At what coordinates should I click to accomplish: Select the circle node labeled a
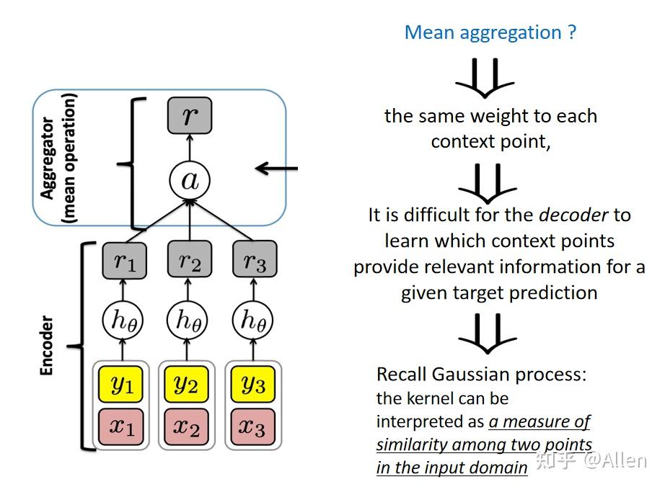coord(189,180)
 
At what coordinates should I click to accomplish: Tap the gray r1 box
coord(124,260)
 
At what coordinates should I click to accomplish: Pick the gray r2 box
coord(189,260)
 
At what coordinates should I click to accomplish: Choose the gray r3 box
coord(254,260)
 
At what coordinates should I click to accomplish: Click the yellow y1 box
coord(123,384)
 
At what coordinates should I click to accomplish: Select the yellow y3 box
coord(252,384)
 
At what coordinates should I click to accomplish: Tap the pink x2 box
coord(188,426)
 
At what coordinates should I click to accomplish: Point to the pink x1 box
coord(123,426)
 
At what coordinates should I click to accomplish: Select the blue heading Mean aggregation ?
coord(490,32)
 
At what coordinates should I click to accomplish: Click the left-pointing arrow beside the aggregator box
coord(276,169)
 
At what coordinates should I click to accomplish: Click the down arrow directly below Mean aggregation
coord(485,77)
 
